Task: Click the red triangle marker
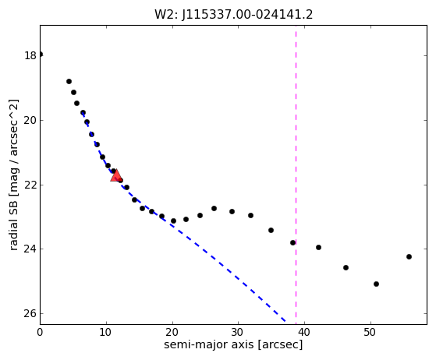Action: pos(116,175)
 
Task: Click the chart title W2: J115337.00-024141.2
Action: pos(233,15)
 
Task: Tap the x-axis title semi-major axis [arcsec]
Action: pos(233,344)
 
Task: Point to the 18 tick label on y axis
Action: pos(30,55)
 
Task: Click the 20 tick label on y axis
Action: pos(30,120)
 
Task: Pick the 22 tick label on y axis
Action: pos(30,185)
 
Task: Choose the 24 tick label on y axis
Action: pos(30,249)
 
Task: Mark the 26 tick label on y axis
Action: pos(30,313)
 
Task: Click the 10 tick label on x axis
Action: pos(106,332)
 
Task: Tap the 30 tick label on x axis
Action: pos(239,332)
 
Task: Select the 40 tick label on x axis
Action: pos(304,332)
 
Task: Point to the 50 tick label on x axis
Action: pos(370,332)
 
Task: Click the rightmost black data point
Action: pos(409,256)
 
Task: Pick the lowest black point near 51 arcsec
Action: pos(376,284)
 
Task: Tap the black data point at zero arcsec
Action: pos(41,55)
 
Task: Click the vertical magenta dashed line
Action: pos(296,175)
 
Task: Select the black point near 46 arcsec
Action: pos(346,267)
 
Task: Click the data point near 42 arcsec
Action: pos(319,247)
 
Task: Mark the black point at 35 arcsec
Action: pos(271,230)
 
